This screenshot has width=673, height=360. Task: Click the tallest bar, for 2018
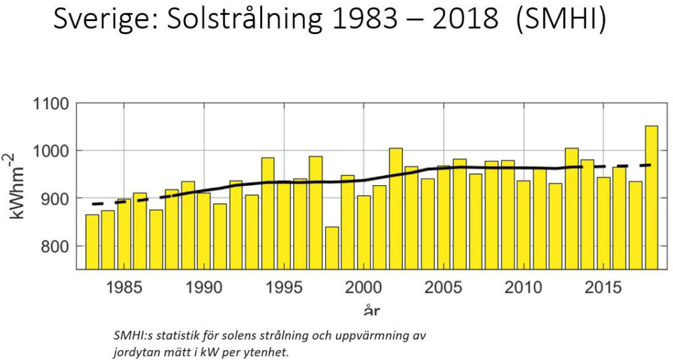(x=651, y=197)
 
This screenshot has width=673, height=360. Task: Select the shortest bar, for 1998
(x=332, y=248)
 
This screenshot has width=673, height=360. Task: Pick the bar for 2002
(x=396, y=208)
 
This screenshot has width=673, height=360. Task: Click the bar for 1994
(x=267, y=214)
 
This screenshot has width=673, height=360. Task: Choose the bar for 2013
(x=571, y=208)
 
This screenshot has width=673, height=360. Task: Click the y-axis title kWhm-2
(x=19, y=187)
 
